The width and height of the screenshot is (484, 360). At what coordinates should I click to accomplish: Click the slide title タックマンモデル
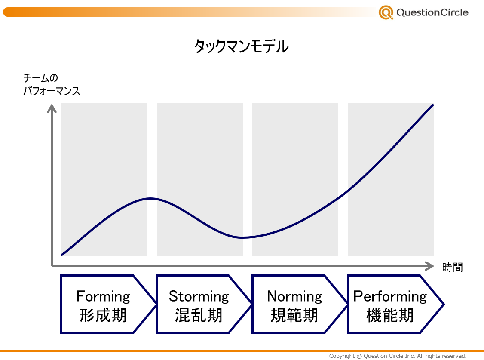(242, 46)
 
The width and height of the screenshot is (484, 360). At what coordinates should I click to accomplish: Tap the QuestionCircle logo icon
(386, 12)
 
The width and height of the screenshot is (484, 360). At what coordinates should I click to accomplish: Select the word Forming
(104, 297)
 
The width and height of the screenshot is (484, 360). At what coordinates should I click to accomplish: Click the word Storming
(199, 297)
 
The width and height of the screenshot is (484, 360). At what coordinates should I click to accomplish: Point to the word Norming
(294, 297)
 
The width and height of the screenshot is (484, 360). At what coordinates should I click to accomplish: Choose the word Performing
(390, 297)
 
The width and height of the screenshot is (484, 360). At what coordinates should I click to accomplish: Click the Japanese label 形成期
(103, 315)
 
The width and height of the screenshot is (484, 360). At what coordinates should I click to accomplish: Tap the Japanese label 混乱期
(199, 315)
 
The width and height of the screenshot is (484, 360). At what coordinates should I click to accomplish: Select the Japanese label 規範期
(294, 315)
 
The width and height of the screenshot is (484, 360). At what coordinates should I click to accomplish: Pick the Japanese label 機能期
(390, 315)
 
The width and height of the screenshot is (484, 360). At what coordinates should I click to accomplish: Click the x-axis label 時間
(453, 267)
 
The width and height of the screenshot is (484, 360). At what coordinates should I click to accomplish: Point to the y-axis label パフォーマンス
(52, 91)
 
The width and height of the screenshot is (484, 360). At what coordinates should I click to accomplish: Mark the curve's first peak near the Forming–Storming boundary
(150, 198)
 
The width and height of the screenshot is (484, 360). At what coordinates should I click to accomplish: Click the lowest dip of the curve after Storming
(242, 237)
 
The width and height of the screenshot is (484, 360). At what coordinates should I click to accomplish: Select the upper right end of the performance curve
(433, 105)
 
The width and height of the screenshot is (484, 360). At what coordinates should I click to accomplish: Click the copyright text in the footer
(398, 356)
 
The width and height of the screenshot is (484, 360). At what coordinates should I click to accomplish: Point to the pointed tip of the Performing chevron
(444, 305)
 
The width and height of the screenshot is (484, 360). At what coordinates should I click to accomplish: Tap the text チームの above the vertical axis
(40, 78)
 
